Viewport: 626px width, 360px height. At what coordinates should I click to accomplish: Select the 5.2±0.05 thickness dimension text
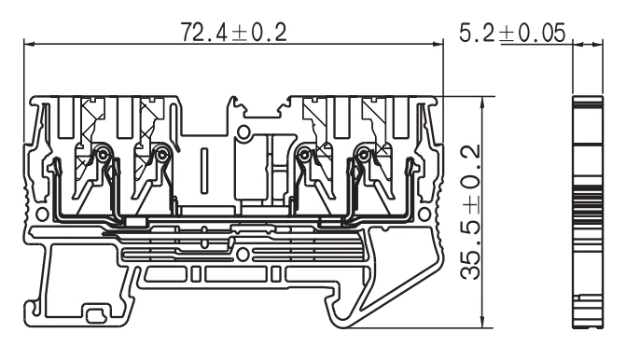coord(512,32)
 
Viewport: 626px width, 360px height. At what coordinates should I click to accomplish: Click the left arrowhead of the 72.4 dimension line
coord(29,43)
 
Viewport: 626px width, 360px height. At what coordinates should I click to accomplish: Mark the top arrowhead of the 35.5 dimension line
coord(480,100)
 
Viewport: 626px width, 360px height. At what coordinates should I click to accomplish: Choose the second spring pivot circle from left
coord(164,155)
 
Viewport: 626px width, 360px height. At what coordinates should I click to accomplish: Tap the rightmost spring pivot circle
coord(360,155)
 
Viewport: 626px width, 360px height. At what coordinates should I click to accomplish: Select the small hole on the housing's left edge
coord(36,213)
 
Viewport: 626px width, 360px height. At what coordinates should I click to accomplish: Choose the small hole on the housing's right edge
coord(430,213)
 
